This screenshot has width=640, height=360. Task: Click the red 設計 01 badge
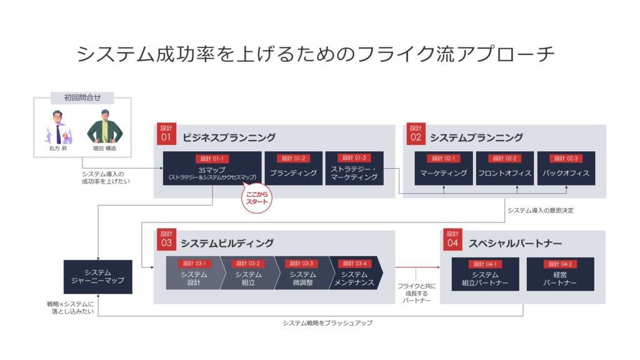166,134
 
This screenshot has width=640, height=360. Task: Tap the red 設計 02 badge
416,134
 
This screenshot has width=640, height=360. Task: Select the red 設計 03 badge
166,239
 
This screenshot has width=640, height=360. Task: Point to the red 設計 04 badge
452,239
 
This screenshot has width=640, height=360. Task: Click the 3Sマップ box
212,168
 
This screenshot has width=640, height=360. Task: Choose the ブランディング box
294,168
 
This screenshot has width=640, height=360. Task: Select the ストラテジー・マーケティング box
354,168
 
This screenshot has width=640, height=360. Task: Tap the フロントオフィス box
505,168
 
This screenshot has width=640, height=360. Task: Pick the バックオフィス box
566,168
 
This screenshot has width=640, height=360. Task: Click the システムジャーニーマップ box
98,277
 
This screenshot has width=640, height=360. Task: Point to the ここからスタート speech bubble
257,198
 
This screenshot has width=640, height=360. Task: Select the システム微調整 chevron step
303,273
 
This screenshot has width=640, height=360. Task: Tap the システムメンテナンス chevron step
355,273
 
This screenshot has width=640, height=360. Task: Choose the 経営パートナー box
561,274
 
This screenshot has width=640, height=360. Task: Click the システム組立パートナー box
485,274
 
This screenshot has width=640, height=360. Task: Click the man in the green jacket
105,127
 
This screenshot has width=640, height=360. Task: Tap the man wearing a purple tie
58,127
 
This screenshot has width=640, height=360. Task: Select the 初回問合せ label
82,97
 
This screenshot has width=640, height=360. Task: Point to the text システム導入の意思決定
541,210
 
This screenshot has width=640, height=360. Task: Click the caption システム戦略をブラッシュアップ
327,323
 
